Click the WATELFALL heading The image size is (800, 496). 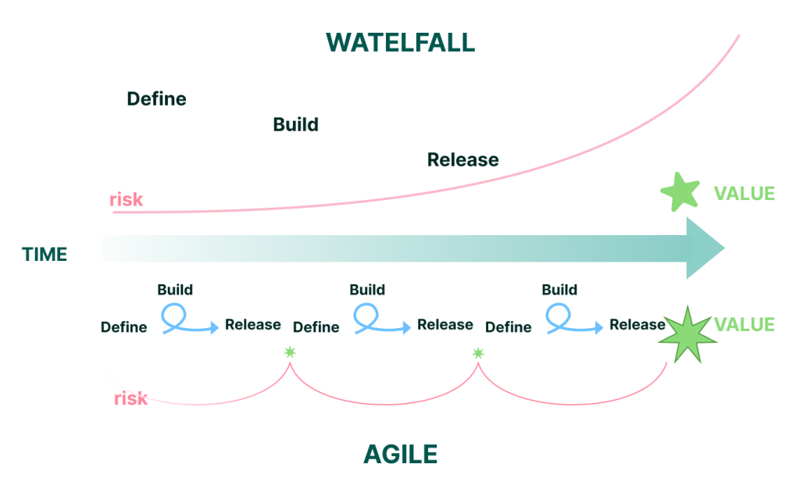point(400,42)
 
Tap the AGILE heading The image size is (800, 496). point(400,454)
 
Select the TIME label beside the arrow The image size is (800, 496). point(45,254)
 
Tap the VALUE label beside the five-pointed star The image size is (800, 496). point(744,194)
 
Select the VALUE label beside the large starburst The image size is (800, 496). point(744,325)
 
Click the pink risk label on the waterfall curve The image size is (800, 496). point(126,199)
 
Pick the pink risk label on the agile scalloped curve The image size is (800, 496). point(130,398)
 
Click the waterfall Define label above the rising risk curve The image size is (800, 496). point(156,99)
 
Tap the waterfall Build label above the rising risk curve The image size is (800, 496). point(295,124)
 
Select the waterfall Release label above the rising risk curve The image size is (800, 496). point(462,160)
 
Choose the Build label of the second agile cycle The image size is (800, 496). point(367,290)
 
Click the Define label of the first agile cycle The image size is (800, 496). point(123,327)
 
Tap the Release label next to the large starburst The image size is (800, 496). point(637,324)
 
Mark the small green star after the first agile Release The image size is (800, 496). point(290,352)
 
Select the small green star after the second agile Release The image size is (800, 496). point(478,353)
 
